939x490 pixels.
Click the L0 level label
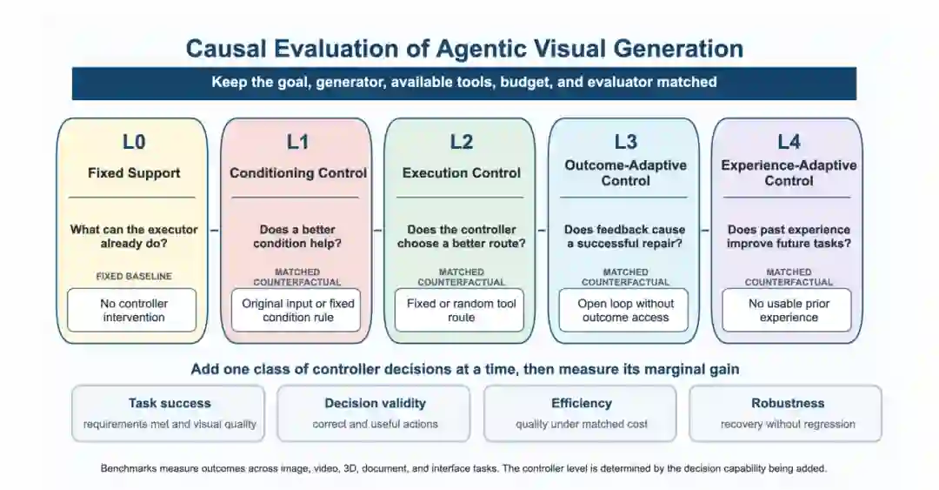tap(134, 142)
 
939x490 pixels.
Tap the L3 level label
tap(625, 142)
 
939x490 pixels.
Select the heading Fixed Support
tap(134, 172)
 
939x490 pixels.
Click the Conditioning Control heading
tap(297, 172)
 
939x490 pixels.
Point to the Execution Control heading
tap(461, 172)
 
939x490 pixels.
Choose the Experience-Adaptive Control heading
tap(789, 172)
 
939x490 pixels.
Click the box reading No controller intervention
tap(132, 310)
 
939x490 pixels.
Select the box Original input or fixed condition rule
tap(296, 310)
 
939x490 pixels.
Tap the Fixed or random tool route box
tap(459, 310)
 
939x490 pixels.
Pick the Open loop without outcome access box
tap(624, 310)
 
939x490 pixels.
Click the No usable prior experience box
tap(787, 310)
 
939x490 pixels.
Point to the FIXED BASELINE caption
tap(134, 276)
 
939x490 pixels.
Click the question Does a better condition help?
tap(297, 237)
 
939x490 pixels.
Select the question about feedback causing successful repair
tap(625, 237)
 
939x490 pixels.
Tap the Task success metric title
tap(170, 403)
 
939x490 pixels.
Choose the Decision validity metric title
tap(375, 403)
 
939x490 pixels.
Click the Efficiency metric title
tap(581, 403)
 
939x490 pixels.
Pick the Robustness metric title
tap(788, 403)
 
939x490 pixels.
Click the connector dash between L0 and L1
tap(215, 231)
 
